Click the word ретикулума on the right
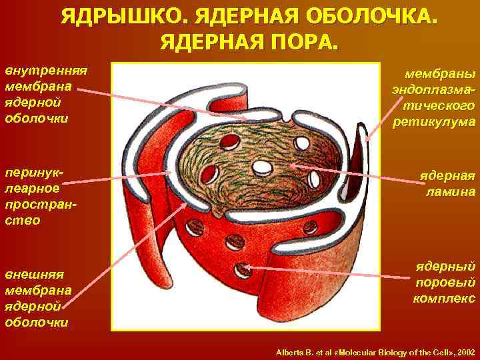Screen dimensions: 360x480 click(434, 121)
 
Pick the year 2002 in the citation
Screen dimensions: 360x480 click(463, 351)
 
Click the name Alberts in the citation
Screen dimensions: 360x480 click(289, 351)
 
